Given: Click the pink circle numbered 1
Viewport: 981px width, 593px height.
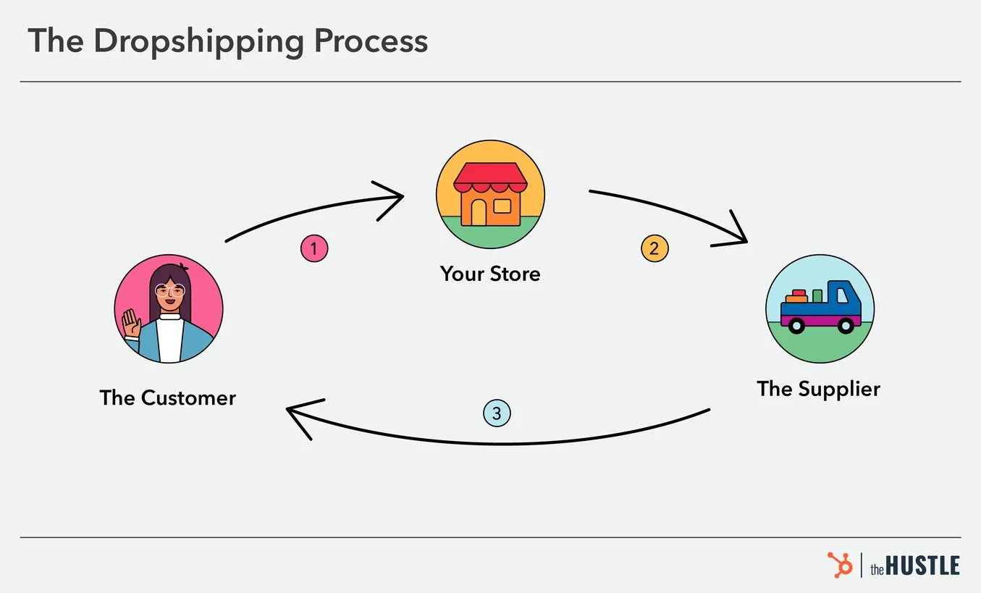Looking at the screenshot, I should [x=313, y=248].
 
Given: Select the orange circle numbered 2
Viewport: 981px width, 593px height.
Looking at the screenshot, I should [x=654, y=248].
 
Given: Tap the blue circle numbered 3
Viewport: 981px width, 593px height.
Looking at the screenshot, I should [x=497, y=413].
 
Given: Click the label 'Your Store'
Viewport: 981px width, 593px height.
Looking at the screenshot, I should [x=490, y=274].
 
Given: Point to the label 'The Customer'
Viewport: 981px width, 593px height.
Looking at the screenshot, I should [x=168, y=398].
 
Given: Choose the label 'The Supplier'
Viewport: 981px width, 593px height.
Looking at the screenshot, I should [x=818, y=389].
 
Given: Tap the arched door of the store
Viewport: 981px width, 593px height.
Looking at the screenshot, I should [x=479, y=212].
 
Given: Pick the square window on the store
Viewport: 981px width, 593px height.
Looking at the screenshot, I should [x=502, y=206].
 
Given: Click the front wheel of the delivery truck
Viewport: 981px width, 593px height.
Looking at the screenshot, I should [x=845, y=327].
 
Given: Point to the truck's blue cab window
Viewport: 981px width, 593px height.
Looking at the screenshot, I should [x=843, y=295].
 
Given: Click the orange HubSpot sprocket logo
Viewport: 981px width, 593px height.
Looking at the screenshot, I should [x=840, y=565].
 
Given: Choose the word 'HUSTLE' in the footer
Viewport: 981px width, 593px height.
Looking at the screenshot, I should [x=923, y=565].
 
